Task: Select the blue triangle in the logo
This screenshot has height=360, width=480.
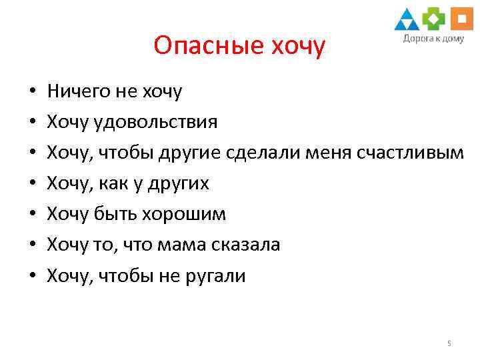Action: click(407, 21)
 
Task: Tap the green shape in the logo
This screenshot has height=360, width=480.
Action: click(434, 19)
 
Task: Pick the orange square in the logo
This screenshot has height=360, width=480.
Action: click(461, 19)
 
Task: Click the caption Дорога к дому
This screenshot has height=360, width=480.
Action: click(433, 39)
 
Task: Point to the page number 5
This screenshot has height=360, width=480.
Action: click(449, 343)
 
